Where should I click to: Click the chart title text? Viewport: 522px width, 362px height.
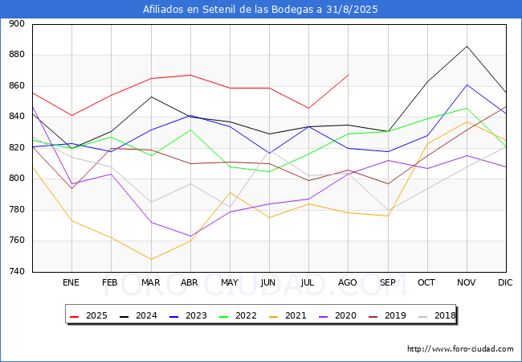(260, 10)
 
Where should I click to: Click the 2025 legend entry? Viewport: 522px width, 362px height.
(89, 315)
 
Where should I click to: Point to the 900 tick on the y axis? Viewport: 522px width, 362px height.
(17, 24)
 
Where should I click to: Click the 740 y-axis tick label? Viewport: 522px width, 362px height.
(17, 272)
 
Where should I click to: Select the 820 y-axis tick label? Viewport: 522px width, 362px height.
(17, 148)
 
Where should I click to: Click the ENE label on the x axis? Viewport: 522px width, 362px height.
(71, 283)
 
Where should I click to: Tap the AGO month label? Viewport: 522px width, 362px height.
(348, 283)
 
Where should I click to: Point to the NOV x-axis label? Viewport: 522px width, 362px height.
(466, 283)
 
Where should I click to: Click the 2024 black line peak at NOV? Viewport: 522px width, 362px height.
(467, 46)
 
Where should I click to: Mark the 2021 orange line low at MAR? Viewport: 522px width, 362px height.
(150, 259)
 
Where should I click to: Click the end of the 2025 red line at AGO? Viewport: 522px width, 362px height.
(348, 76)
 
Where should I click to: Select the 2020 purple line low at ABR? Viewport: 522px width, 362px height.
(190, 237)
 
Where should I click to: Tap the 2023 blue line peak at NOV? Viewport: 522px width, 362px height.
(467, 84)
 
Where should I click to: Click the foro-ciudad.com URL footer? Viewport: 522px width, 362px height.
(460, 349)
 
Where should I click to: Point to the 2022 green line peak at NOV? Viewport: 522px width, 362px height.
(467, 108)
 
